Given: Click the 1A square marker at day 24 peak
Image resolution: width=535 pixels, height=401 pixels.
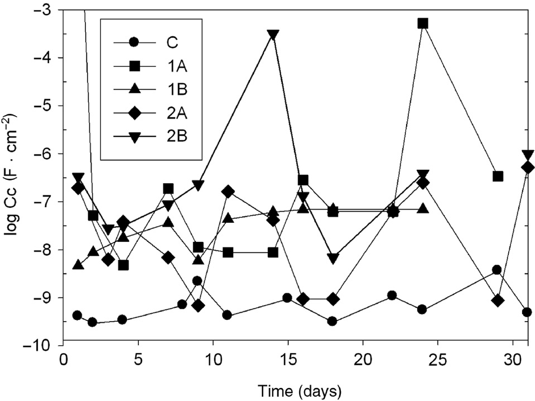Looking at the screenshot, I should tap(423, 23).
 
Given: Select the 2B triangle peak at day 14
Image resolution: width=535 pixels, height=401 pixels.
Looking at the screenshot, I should tap(273, 35).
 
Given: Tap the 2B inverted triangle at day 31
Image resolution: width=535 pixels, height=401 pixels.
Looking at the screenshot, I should tap(528, 155).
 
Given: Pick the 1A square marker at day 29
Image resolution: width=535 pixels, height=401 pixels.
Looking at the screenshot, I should tap(498, 176).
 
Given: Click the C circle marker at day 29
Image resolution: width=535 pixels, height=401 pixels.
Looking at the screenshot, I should tap(497, 270).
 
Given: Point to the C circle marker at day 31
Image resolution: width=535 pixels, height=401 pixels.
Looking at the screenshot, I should tap(527, 312).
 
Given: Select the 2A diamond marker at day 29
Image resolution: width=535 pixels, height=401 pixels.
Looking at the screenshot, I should tap(498, 301).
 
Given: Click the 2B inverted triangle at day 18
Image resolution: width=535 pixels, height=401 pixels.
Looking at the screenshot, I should tap(333, 259).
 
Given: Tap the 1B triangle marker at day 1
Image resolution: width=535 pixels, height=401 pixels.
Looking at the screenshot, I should tap(78, 264).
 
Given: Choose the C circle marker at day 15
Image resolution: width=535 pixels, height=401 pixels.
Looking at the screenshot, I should tap(287, 298).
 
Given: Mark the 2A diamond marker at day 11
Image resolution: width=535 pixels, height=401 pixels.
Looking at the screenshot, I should tap(228, 192).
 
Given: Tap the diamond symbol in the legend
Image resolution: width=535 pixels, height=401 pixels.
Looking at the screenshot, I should tap(134, 113).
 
